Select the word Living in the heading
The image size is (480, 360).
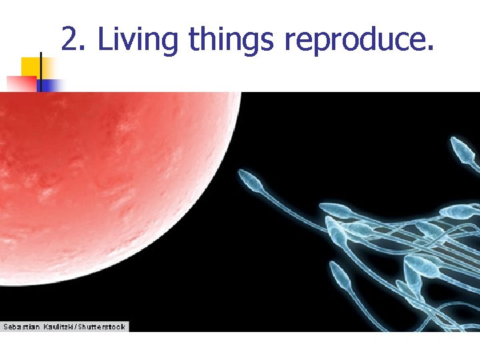[x=139, y=40]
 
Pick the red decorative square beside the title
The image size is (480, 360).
[x=21, y=84]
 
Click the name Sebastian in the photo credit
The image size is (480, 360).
[x=21, y=327]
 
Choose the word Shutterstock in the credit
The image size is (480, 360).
[x=103, y=327]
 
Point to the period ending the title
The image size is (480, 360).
[x=429, y=49]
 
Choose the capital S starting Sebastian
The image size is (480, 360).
[x=6, y=327]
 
